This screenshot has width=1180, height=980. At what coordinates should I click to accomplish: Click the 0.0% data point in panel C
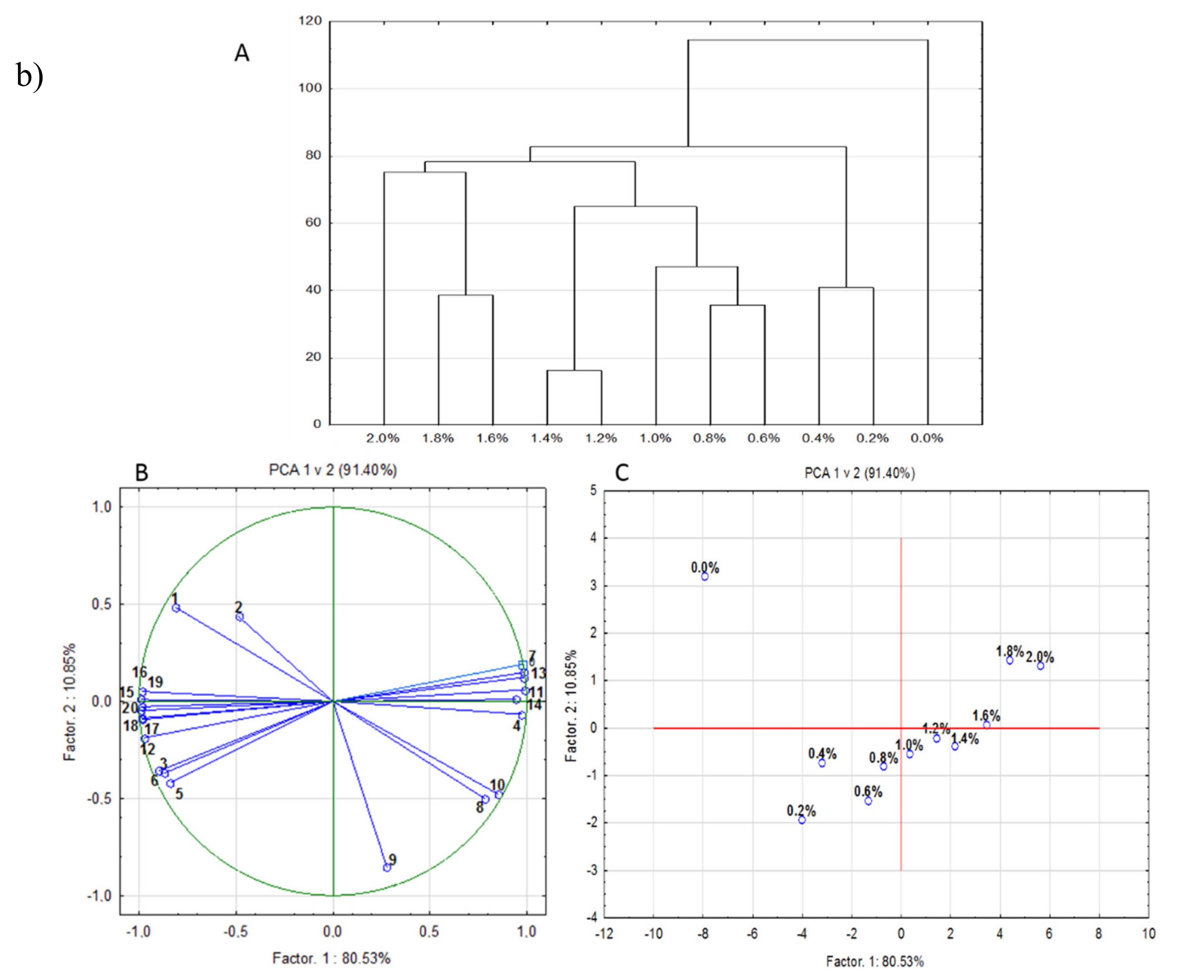click(704, 577)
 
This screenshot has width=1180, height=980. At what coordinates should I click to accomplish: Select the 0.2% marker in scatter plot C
click(802, 820)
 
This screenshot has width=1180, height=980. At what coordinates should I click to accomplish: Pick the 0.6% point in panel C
click(868, 801)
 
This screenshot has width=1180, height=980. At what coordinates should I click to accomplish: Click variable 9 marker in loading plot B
click(387, 868)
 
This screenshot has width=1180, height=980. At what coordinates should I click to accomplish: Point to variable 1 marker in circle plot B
click(176, 608)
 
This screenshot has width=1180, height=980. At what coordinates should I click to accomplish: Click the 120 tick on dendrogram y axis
click(310, 21)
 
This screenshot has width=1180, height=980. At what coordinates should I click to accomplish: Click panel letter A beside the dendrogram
click(242, 54)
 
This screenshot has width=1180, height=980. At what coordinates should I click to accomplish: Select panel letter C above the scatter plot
click(622, 473)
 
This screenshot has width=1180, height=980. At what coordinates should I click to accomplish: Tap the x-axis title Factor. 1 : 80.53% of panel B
click(332, 958)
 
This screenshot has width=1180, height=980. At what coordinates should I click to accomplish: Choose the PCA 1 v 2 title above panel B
click(333, 470)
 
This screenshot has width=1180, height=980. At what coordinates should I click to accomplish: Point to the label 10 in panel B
click(497, 785)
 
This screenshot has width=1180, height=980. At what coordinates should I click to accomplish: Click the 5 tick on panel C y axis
click(593, 491)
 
